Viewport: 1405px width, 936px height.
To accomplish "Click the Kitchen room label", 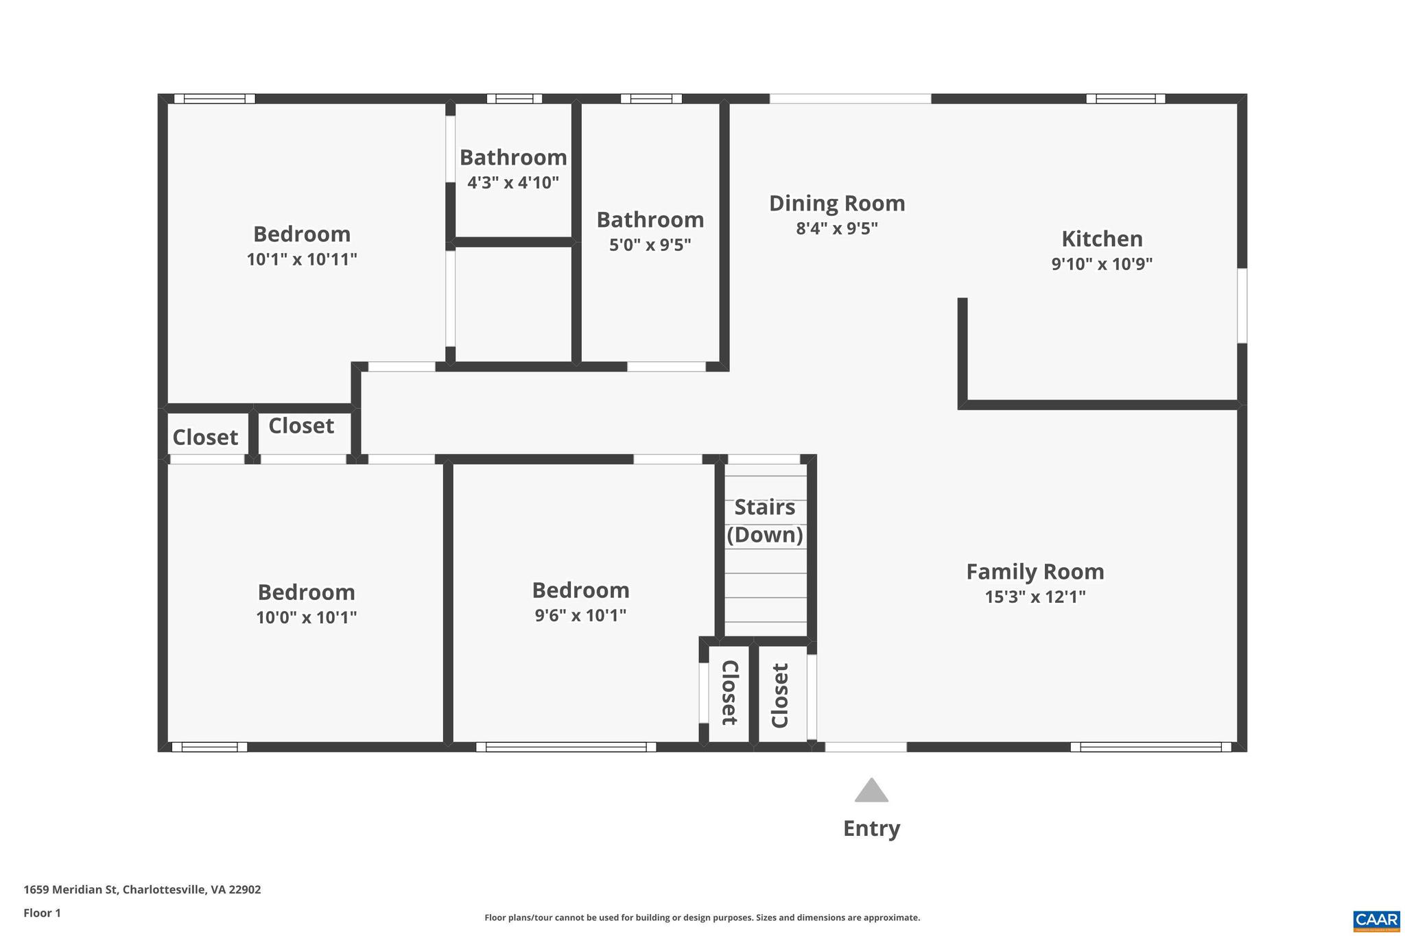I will click(1102, 239).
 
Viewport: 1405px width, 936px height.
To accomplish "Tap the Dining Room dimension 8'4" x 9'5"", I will click(837, 228).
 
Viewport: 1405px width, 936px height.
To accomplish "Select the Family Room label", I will click(1035, 571).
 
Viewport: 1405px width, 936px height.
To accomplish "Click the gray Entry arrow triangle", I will click(871, 791).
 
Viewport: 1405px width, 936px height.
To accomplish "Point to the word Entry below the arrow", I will click(871, 828).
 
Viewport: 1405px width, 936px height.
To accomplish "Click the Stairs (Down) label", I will click(764, 520).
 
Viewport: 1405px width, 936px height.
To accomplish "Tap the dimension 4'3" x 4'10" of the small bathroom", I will click(513, 182).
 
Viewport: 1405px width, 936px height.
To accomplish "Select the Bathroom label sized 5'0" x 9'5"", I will click(650, 219).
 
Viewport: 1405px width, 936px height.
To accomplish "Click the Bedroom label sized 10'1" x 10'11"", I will click(302, 234).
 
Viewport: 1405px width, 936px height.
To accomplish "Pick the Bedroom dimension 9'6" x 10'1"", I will click(580, 615).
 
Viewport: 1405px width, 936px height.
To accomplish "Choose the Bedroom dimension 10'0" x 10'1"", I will click(306, 617).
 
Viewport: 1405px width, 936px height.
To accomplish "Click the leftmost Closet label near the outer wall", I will click(205, 437).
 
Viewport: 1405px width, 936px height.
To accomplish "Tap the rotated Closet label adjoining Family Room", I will click(781, 695).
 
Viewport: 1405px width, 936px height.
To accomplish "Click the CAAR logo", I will click(1376, 920).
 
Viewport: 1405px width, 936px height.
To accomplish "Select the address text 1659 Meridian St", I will click(142, 889).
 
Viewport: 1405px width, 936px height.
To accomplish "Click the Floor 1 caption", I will click(42, 913).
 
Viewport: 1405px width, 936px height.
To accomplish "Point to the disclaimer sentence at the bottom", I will click(702, 917).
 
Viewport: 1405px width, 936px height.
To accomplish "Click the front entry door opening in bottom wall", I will click(865, 747).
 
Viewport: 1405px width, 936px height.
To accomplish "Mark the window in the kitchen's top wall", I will click(1125, 99).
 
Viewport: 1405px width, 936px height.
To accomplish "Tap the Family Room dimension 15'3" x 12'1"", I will click(1035, 597).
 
